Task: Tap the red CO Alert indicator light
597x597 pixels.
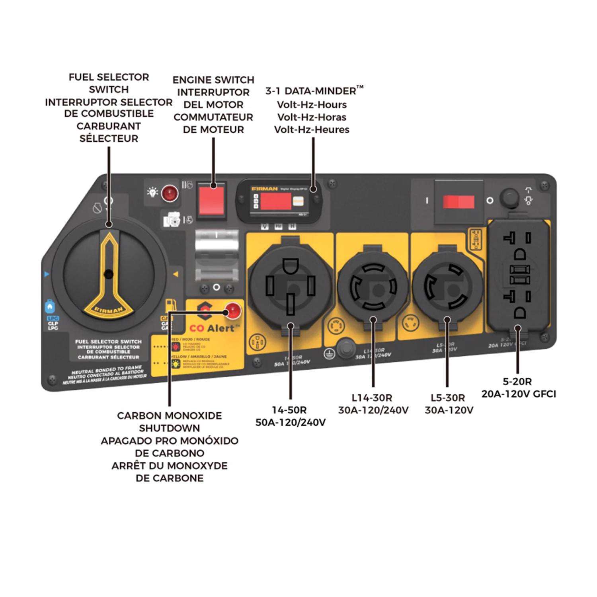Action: [233, 310]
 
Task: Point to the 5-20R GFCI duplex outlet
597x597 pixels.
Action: [517, 279]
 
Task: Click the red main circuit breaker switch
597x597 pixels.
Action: [458, 202]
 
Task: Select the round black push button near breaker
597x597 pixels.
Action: [509, 197]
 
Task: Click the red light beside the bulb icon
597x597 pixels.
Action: [170, 193]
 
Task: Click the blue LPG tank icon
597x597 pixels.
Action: [49, 307]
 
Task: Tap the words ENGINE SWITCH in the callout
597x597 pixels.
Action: [213, 80]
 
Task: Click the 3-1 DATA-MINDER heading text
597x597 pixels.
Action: [310, 91]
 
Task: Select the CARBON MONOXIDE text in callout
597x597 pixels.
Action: [169, 416]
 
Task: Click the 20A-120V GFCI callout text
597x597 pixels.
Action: [518, 394]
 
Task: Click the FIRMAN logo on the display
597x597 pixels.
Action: [264, 189]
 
